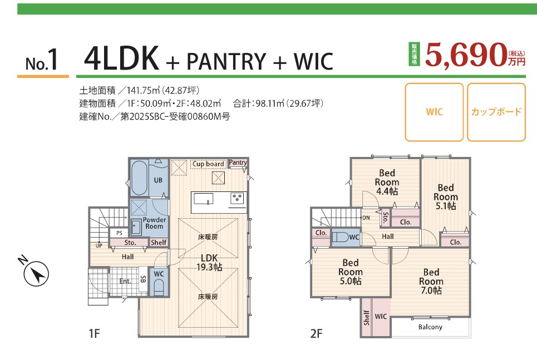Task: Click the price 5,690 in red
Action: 466,55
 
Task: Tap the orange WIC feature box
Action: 434,112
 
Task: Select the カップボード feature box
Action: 496,112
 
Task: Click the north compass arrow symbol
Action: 36,274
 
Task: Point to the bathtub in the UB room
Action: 139,177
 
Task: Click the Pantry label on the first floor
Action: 238,162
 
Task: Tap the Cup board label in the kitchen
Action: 208,164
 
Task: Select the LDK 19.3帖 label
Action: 209,263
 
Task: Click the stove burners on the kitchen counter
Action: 237,198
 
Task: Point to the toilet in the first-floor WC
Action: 159,287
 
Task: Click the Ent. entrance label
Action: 125,281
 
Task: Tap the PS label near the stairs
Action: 119,233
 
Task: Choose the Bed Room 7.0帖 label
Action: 431,281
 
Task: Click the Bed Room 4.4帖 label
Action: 387,183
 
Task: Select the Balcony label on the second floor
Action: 430,327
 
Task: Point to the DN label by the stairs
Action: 366,218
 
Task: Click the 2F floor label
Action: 317,333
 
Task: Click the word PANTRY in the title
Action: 226,61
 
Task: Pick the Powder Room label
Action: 154,223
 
